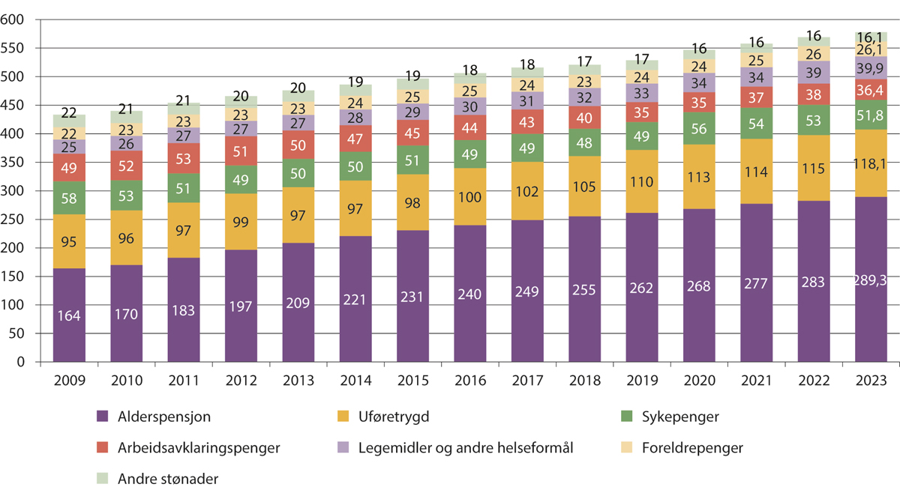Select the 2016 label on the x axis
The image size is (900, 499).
click(x=469, y=380)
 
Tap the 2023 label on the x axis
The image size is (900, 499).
click(x=871, y=380)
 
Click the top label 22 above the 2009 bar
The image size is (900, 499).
click(x=69, y=112)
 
